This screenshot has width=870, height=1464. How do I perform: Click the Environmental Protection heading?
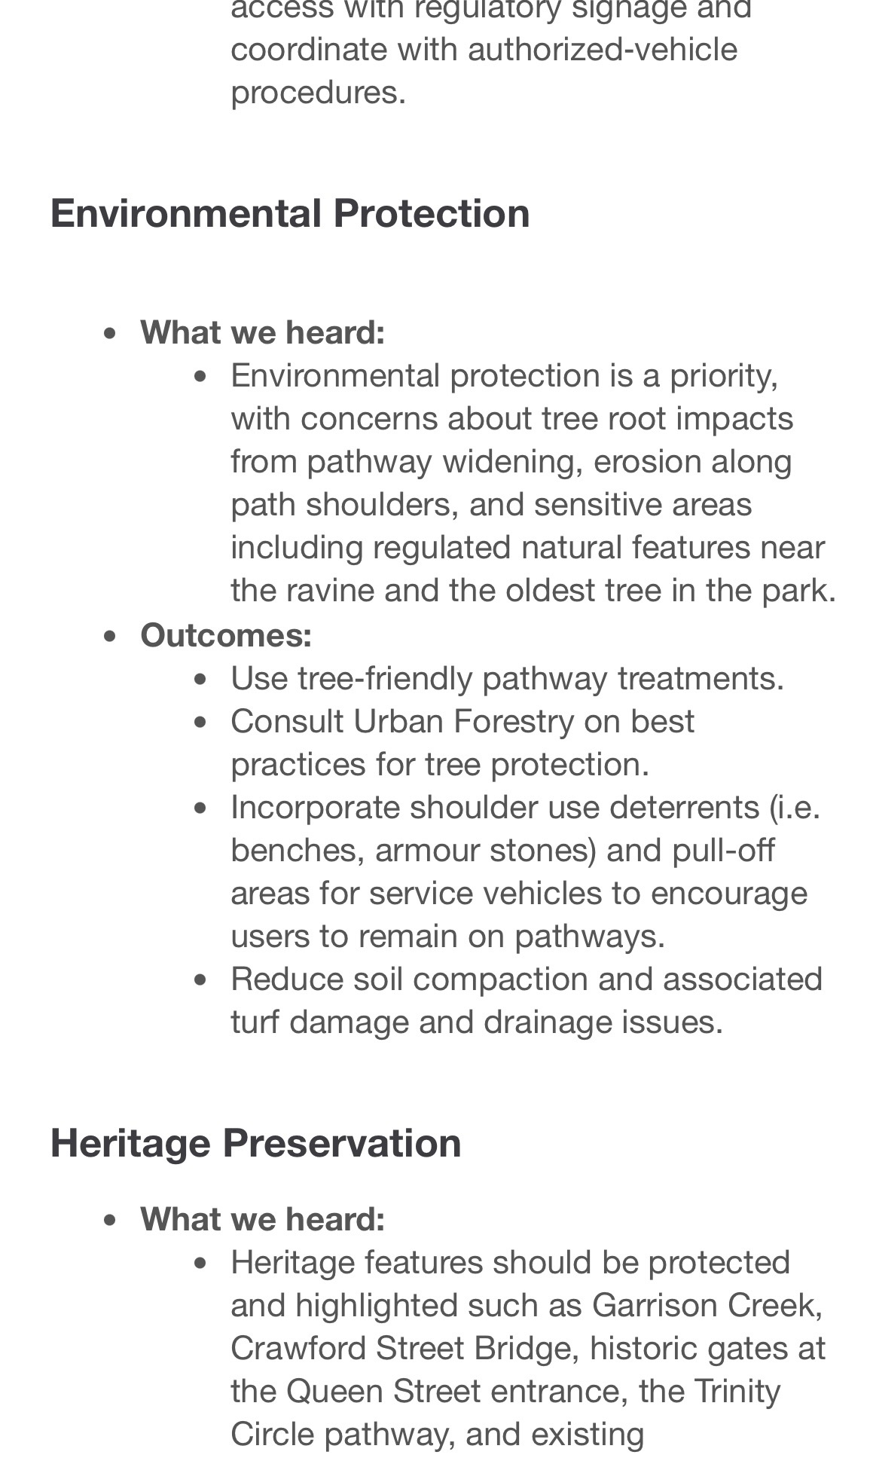pos(290,213)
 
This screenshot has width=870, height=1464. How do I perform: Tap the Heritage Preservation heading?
pos(255,1143)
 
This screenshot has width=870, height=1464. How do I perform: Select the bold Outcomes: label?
pos(226,635)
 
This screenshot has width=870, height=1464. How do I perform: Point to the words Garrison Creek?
pos(707,1305)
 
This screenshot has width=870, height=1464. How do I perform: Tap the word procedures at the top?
pos(318,93)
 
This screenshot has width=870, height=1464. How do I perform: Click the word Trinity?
pos(737,1391)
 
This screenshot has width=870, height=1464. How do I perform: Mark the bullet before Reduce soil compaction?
pos(200,980)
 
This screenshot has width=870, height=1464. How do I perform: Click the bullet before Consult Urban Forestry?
pos(200,722)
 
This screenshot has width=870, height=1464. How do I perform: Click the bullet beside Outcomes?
pos(110,636)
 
